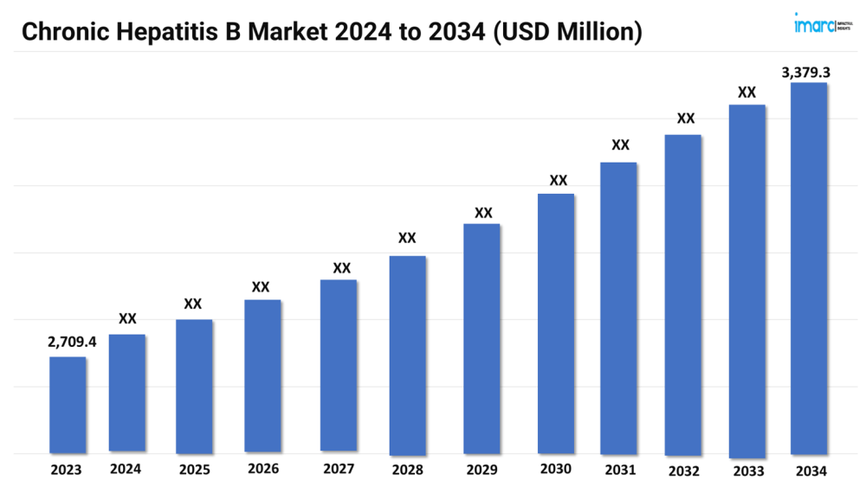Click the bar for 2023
(x=68, y=404)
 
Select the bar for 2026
(x=262, y=375)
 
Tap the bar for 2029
(x=481, y=338)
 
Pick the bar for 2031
(x=618, y=308)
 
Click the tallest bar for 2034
(x=809, y=268)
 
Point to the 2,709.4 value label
(x=72, y=343)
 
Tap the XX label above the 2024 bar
(x=127, y=319)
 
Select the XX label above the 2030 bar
(x=559, y=180)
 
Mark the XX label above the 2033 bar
(x=746, y=92)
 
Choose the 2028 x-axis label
(x=407, y=471)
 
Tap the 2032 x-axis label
(x=683, y=471)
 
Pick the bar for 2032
(x=682, y=294)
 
